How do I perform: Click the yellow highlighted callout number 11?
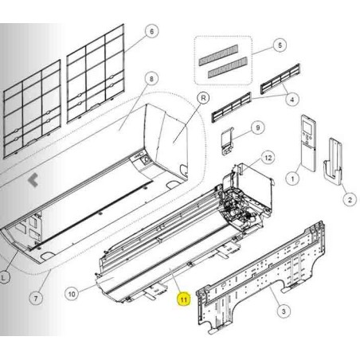tap(184, 299)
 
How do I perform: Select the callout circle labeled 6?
tap(151, 31)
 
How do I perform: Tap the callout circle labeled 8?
tap(151, 79)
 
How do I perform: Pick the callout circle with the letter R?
tap(203, 98)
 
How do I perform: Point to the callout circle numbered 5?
tap(280, 45)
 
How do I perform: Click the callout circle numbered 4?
tap(292, 100)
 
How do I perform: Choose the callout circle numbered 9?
tap(258, 127)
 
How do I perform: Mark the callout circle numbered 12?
tap(268, 158)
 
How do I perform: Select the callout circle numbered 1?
tap(292, 178)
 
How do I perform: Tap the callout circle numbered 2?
tap(350, 199)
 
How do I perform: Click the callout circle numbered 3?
tap(284, 311)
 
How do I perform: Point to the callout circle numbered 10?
tap(72, 294)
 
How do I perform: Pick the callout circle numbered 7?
tap(36, 299)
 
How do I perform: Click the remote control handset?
tap(308, 143)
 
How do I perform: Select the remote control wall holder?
tap(333, 161)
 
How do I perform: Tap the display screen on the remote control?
tap(308, 127)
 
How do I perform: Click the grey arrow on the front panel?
tap(33, 180)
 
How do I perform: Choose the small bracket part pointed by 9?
tap(228, 142)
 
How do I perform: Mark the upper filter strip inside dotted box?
tap(218, 55)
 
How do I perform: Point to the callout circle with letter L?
tap(4, 278)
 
